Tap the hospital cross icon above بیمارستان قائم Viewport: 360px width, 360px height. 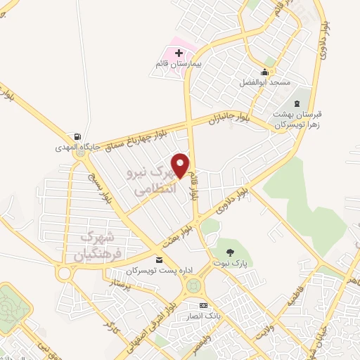click(x=179, y=52)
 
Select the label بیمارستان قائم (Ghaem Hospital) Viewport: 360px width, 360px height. click(x=179, y=64)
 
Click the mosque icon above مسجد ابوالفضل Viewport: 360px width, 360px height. click(x=264, y=72)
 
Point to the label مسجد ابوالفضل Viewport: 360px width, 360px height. click(x=264, y=83)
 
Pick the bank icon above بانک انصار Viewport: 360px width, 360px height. click(x=203, y=305)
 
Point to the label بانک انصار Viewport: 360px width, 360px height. click(x=202, y=316)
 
